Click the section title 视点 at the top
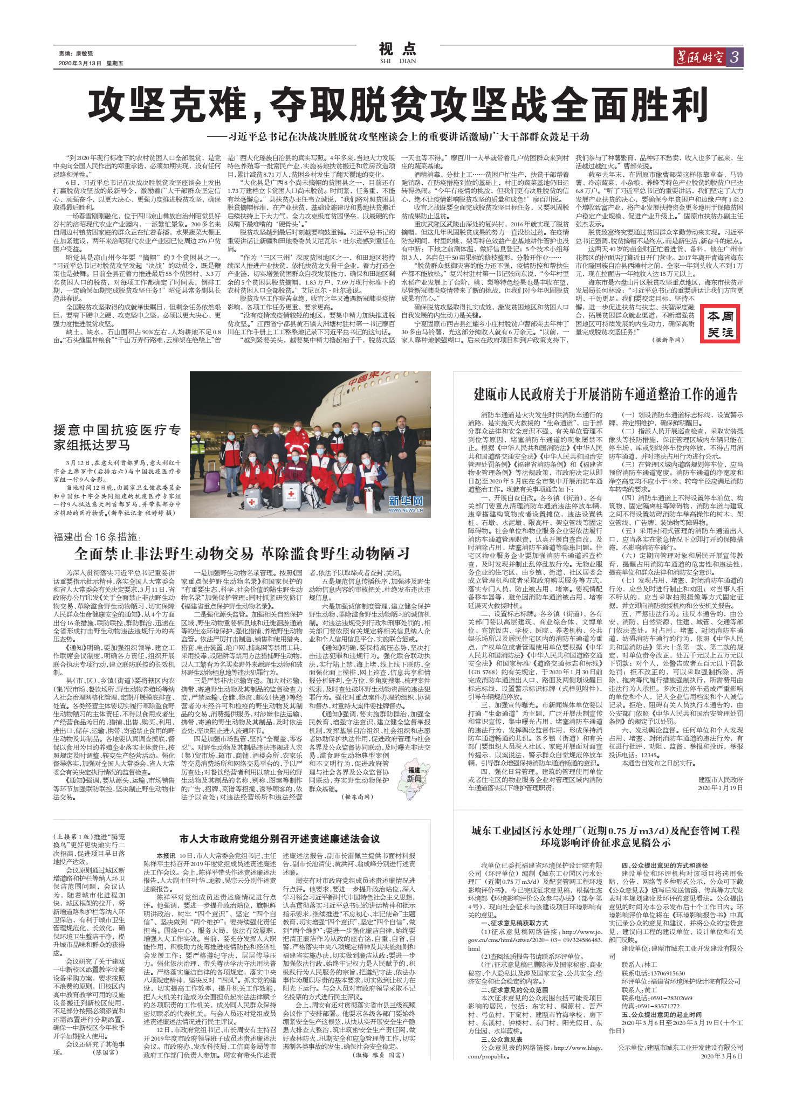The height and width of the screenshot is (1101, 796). pyautogui.click(x=397, y=50)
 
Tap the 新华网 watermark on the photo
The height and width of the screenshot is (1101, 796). pyautogui.click(x=406, y=502)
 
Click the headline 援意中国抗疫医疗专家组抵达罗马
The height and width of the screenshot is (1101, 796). pyautogui.click(x=117, y=437)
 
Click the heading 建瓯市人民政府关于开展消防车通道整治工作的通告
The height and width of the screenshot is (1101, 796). pyautogui.click(x=605, y=394)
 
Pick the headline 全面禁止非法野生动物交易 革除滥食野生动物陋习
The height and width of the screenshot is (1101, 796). pyautogui.click(x=242, y=553)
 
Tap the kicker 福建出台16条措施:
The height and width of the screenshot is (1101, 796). pyautogui.click(x=97, y=537)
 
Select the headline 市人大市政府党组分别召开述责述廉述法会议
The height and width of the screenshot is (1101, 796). pyautogui.click(x=279, y=839)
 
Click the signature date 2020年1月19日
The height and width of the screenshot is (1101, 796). pyautogui.click(x=720, y=788)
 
